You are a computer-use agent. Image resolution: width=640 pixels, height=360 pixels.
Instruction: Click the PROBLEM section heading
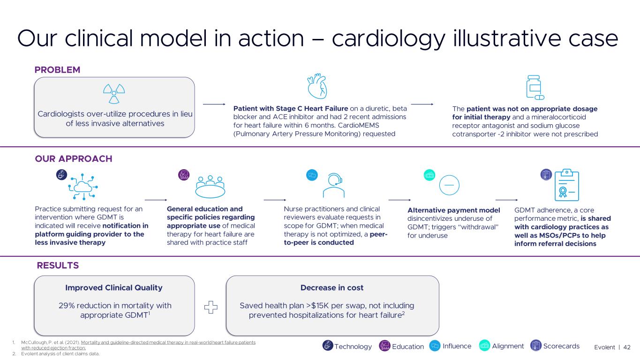coord(57,70)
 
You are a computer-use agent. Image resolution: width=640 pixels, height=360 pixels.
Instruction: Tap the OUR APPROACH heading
coord(74,159)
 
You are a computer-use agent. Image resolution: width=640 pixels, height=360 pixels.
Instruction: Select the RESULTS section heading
coord(58,266)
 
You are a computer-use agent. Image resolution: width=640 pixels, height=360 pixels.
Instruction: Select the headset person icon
coord(334,186)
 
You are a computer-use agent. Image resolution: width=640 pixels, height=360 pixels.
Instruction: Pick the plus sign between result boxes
coord(211,307)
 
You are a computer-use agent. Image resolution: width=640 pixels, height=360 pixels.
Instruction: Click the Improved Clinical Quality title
coord(114,288)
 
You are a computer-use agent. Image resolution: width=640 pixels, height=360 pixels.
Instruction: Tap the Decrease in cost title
coord(332,288)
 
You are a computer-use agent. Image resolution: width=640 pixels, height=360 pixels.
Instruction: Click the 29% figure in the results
coord(67,306)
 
